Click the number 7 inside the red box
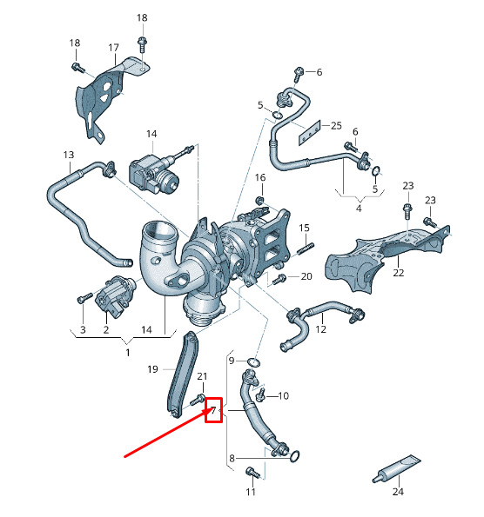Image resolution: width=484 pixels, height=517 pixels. point(213,410)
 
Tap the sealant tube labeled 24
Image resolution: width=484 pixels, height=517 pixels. point(396,468)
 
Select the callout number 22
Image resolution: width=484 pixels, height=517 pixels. point(399,273)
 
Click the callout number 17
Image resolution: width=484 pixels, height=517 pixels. point(113,48)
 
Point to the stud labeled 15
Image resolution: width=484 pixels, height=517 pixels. point(306,249)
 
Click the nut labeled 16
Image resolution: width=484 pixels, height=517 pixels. point(260,200)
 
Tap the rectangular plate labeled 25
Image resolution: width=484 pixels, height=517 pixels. point(310,133)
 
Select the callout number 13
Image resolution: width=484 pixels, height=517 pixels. point(69,155)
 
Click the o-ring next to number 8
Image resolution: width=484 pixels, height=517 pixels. point(295,456)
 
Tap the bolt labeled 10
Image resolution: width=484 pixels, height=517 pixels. point(260,394)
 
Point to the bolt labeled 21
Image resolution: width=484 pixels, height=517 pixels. point(198,400)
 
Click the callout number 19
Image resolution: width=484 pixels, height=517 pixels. point(152,369)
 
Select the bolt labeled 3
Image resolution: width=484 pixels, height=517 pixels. point(84,298)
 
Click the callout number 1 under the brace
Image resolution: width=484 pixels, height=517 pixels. point(128,353)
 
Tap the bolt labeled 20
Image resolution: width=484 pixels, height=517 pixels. point(279,279)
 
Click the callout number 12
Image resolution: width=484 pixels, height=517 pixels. point(321,329)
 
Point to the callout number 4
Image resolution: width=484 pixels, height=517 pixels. point(360,209)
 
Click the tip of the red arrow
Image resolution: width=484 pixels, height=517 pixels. point(208,409)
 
